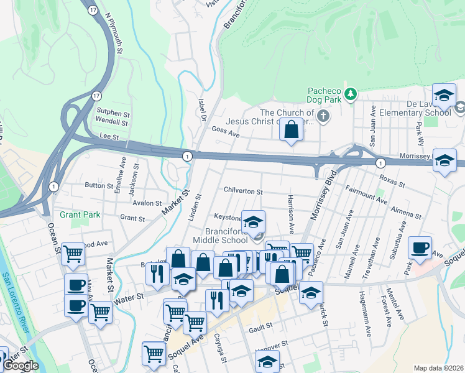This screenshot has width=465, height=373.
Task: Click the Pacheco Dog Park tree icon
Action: click(x=351, y=94)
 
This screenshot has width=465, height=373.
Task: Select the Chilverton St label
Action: click(x=243, y=191)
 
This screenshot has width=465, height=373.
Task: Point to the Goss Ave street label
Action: click(x=225, y=132)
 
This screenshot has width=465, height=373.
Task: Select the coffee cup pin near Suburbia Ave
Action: click(x=420, y=247)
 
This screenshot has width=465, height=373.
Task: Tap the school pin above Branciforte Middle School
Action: click(x=253, y=221)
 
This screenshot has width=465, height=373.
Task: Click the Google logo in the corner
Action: click(x=21, y=366)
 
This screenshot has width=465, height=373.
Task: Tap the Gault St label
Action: click(x=261, y=326)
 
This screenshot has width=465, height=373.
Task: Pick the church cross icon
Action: click(x=323, y=116)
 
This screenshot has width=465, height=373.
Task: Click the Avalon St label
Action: click(x=147, y=203)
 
